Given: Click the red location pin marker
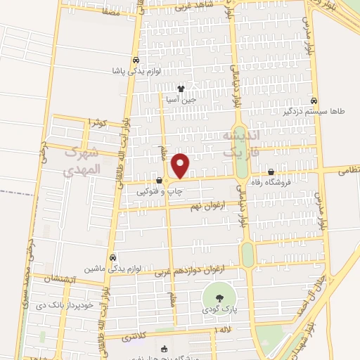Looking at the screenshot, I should click(x=181, y=166).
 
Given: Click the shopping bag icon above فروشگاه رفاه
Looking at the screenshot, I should click(x=271, y=172).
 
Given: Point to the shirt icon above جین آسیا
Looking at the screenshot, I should click(x=181, y=89).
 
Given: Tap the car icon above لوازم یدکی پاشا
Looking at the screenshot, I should click(x=135, y=60).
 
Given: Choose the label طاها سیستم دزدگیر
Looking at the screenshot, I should click(x=314, y=110).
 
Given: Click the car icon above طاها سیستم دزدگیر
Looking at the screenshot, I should click(x=314, y=100).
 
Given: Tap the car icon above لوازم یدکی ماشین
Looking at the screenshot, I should click(x=113, y=257).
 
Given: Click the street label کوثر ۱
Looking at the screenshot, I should click(x=97, y=123).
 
